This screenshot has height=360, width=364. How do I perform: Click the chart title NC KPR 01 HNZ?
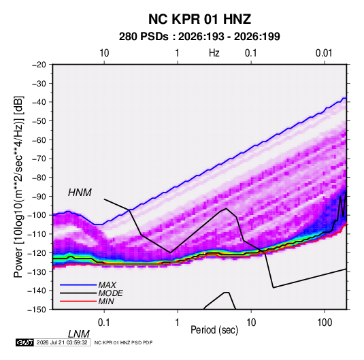click(199, 19)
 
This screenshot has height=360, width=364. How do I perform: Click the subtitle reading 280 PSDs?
click(144, 37)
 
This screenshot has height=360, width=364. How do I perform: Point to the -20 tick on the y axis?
click(39, 65)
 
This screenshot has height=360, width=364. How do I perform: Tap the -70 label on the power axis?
click(39, 159)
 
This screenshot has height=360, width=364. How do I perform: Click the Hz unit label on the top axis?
click(214, 53)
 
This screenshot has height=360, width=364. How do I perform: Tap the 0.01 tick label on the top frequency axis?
click(324, 53)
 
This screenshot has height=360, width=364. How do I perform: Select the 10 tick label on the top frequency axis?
click(104, 53)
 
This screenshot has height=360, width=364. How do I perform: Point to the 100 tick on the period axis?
click(325, 323)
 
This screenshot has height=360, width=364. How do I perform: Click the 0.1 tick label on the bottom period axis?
click(104, 323)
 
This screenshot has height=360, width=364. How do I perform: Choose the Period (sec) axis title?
click(214, 330)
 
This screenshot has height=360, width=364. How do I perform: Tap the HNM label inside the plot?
click(80, 193)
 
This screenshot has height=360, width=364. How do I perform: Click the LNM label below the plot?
click(79, 334)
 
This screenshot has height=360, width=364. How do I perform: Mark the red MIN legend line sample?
click(78, 301)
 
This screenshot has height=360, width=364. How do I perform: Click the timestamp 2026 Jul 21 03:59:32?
click(62, 342)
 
